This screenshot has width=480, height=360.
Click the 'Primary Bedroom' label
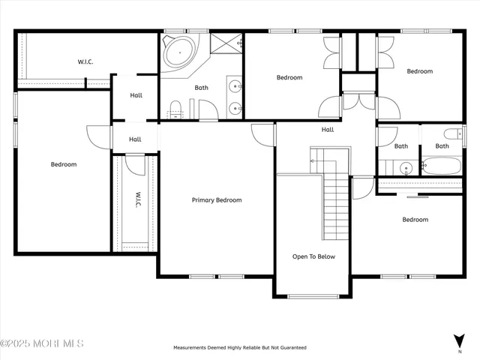pos(217,200)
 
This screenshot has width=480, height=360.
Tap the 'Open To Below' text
pos(313,256)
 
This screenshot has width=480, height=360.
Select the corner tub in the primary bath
pos(181,52)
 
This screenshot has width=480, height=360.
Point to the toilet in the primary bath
pos(175,109)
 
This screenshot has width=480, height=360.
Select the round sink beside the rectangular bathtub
pos(404,167)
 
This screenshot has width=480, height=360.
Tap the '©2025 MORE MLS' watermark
pos(42,343)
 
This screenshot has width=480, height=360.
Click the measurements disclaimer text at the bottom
pos(239,348)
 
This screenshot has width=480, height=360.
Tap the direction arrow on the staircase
pos(318,160)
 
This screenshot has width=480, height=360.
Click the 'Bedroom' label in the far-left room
pos(63,164)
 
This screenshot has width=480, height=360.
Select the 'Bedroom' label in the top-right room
pos(419,71)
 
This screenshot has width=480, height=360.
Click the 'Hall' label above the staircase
pos(328,130)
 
